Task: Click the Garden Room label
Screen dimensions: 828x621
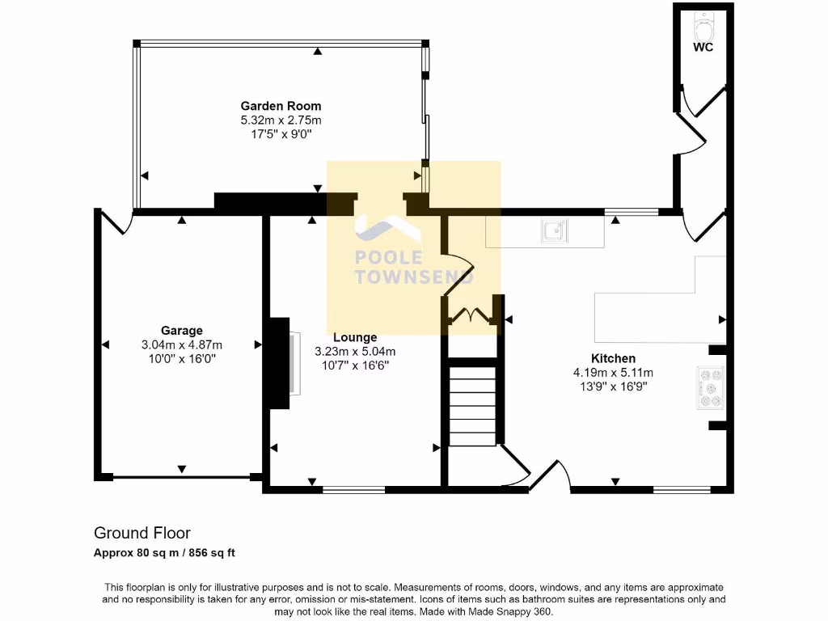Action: point(281,106)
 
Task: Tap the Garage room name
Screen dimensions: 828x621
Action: point(182,331)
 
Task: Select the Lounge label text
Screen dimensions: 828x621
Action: point(355,337)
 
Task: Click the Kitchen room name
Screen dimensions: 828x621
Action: point(613,358)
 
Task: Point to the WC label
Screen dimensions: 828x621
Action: point(703,48)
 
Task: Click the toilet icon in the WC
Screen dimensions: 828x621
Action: point(703,27)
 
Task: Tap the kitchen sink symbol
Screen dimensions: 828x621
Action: point(555,230)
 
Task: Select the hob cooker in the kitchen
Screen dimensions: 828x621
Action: point(710,388)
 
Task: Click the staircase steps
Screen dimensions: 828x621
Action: point(472,406)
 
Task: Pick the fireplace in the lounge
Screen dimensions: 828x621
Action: point(285,363)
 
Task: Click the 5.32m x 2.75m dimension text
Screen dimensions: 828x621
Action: point(281,120)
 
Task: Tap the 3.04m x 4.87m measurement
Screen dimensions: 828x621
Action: point(182,344)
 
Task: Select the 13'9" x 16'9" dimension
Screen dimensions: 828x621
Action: point(613,387)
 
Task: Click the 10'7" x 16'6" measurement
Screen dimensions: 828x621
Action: point(355,365)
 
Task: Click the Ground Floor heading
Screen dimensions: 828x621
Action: point(142,533)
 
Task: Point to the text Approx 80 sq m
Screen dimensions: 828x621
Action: point(135,553)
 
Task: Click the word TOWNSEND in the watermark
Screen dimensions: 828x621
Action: point(414,277)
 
